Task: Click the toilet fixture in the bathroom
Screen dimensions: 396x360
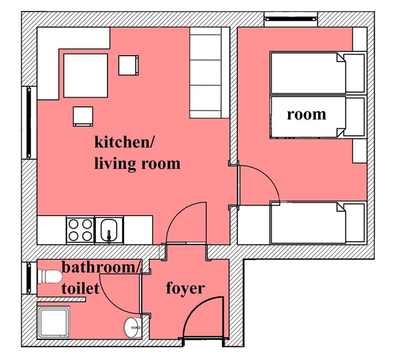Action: [x=50, y=277]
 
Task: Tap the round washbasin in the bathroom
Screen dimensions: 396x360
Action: [x=131, y=327]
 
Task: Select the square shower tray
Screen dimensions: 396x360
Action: [x=53, y=322]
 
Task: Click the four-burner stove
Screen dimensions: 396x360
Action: [x=80, y=230]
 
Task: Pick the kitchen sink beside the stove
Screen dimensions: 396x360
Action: [x=109, y=230]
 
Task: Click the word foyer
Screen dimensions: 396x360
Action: [x=185, y=288]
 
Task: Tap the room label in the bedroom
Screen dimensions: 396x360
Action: [x=307, y=115]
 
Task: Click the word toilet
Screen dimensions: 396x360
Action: [x=80, y=288]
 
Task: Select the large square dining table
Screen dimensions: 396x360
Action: [x=86, y=75]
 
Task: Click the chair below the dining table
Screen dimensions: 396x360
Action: [x=83, y=117]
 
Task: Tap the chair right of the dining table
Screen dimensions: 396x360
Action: [x=129, y=65]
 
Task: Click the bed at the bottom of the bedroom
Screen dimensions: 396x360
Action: [x=317, y=223]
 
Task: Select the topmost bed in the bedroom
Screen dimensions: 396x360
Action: [x=317, y=73]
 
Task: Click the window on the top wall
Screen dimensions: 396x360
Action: [x=291, y=19]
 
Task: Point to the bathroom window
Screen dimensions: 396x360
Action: [x=29, y=278]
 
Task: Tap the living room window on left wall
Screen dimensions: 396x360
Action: [x=29, y=123]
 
